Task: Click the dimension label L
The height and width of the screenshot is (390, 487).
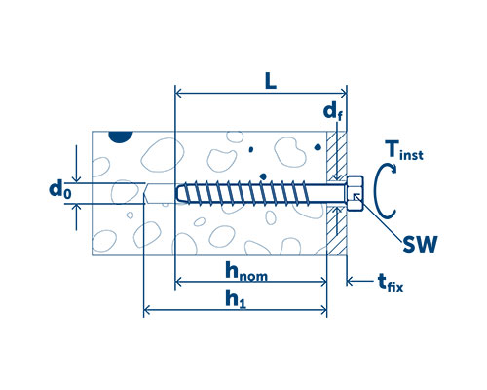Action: tap(271, 81)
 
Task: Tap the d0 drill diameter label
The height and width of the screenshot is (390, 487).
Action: tap(59, 189)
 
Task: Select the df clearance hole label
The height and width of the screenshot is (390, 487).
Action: tap(333, 113)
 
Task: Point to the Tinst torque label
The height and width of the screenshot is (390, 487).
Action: tap(404, 150)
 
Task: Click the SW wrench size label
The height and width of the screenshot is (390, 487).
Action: tap(420, 245)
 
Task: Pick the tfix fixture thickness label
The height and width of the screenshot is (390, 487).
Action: tap(391, 283)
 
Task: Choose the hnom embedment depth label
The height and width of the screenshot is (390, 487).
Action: tap(246, 272)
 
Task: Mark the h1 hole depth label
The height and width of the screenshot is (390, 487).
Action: tap(236, 299)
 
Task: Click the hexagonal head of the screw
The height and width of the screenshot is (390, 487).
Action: tap(355, 193)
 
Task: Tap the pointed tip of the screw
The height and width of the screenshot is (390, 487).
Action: tap(178, 194)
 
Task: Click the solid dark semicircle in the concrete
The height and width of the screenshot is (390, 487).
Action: tap(121, 136)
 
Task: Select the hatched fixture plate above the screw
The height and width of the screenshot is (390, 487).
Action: tap(336, 156)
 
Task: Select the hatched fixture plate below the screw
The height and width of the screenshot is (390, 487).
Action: tap(336, 230)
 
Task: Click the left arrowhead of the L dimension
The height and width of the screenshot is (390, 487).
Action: tap(178, 94)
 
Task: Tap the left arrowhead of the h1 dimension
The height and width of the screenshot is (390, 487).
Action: tap(147, 310)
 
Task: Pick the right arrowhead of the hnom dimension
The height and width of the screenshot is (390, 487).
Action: tap(323, 282)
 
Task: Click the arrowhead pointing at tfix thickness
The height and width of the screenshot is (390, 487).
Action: tap(350, 281)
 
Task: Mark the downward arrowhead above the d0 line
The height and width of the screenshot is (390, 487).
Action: tap(76, 179)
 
